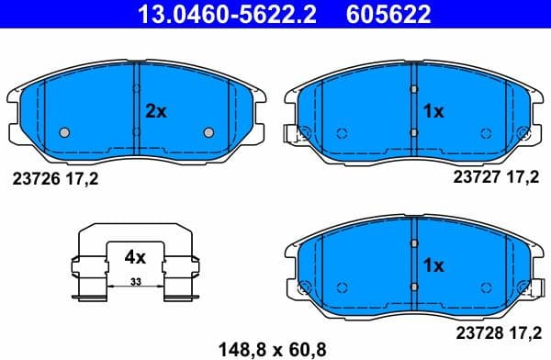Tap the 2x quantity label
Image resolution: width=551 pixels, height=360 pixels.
pyautogui.click(x=156, y=111)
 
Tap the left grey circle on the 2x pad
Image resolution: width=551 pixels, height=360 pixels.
pyautogui.click(x=63, y=132)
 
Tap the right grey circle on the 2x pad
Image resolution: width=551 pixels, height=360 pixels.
pyautogui.click(x=207, y=132)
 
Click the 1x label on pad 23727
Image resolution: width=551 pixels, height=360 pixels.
pyautogui.click(x=433, y=111)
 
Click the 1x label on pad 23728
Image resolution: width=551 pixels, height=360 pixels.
pyautogui.click(x=433, y=265)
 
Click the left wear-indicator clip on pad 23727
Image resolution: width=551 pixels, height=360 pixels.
pyautogui.click(x=292, y=135)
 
